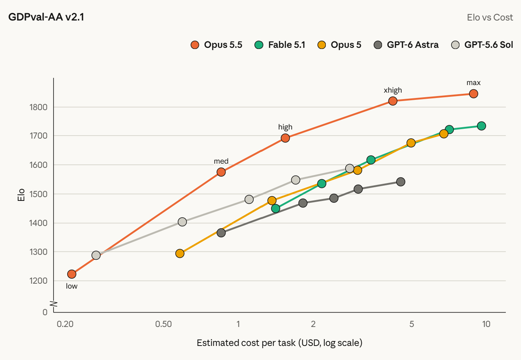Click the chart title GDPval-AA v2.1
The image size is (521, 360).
tap(46, 17)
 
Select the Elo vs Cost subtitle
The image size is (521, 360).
tap(490, 17)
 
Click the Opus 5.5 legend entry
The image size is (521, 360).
tap(216, 45)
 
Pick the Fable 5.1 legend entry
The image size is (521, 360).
tap(280, 45)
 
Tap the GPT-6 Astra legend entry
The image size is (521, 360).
tap(406, 45)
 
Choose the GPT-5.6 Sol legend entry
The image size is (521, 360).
tap(482, 45)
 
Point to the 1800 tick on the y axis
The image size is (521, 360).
tap(38, 107)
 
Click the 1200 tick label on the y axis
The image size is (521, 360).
tap(38, 281)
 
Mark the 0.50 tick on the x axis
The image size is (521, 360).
tap(164, 324)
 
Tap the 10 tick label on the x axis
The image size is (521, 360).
tap(486, 324)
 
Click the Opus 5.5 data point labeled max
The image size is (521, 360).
tap(474, 94)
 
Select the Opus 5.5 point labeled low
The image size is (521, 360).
tap(72, 274)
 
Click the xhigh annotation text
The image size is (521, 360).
tap(393, 90)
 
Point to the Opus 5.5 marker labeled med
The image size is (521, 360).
tap(221, 172)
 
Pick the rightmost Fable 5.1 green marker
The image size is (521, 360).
tap(481, 126)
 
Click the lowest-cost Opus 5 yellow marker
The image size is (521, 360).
tap(180, 253)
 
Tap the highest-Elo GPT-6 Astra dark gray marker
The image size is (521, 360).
tap(401, 182)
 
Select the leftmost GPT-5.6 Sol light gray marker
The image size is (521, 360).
tap(96, 255)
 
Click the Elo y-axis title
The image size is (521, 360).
tap(21, 195)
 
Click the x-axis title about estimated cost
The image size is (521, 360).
tap(279, 343)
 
